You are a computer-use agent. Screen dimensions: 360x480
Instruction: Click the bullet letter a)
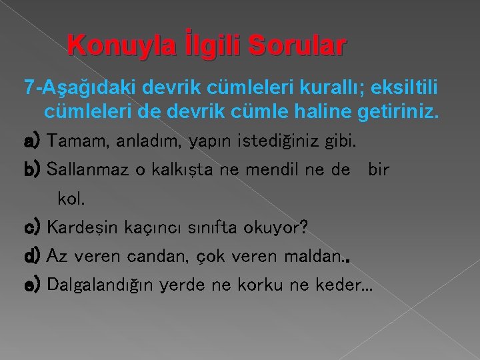33,141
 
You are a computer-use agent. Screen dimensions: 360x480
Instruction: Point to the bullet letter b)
33,170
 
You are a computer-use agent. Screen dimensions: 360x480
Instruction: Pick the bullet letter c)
33,228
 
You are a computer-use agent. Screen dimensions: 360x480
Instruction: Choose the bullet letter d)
33,257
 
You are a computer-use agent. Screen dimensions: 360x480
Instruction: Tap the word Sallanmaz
90,170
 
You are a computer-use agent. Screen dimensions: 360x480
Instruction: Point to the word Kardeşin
83,228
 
